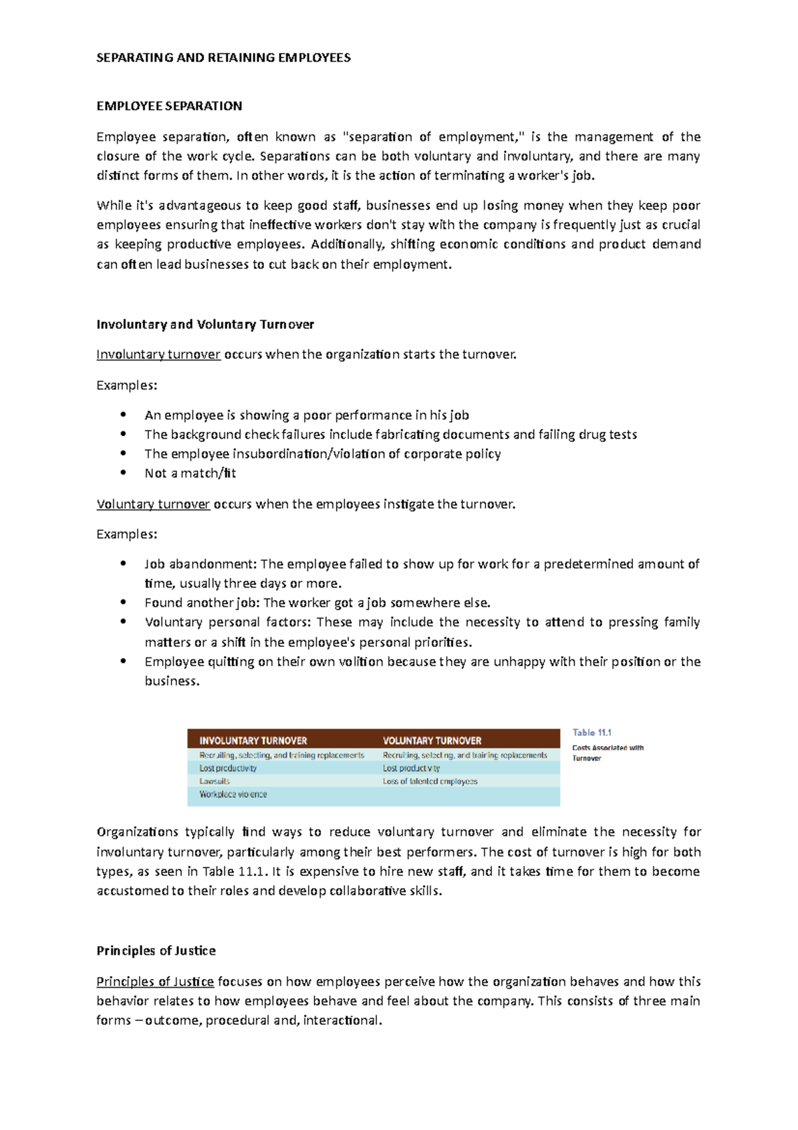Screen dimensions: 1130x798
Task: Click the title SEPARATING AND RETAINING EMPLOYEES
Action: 223,58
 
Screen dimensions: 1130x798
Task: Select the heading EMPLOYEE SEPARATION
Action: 169,106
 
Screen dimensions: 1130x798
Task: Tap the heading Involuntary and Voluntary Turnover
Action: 205,325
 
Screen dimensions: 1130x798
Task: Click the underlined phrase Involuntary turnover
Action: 158,355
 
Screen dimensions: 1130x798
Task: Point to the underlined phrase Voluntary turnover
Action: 153,504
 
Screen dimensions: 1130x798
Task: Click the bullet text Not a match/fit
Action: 190,473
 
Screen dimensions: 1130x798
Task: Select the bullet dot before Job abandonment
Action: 123,563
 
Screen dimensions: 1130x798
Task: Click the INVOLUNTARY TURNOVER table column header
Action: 253,741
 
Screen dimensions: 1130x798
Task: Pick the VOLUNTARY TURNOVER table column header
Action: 432,741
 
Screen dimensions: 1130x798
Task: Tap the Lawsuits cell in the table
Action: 215,781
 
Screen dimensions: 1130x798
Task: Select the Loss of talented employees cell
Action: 430,781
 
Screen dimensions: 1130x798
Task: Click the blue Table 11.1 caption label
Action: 592,733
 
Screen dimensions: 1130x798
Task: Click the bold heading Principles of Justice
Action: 156,951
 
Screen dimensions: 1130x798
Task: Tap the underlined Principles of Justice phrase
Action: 155,982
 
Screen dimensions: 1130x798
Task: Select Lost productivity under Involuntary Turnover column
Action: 228,768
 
